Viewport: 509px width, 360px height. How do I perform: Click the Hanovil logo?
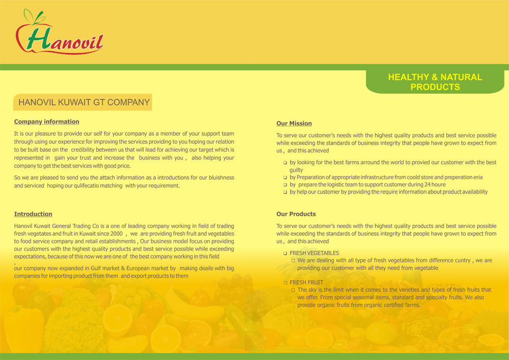click(60, 34)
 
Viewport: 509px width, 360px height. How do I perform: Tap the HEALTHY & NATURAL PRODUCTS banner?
click(435, 82)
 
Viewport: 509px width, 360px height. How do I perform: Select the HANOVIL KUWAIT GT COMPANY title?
click(84, 102)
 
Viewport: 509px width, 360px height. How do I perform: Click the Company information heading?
click(46, 122)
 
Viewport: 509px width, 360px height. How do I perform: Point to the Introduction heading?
click(33, 214)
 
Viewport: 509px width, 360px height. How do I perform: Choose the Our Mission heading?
click(294, 123)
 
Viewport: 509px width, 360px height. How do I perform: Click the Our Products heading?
click(296, 214)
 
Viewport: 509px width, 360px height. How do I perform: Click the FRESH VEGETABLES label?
click(314, 253)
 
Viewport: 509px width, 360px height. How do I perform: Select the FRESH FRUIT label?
click(306, 282)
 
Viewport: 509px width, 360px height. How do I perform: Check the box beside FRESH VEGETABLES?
click(286, 253)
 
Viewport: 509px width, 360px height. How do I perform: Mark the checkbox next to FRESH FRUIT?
click(286, 283)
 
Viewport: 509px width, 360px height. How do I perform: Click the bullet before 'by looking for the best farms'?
click(286, 163)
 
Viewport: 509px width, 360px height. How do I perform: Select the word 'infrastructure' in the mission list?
click(370, 177)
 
